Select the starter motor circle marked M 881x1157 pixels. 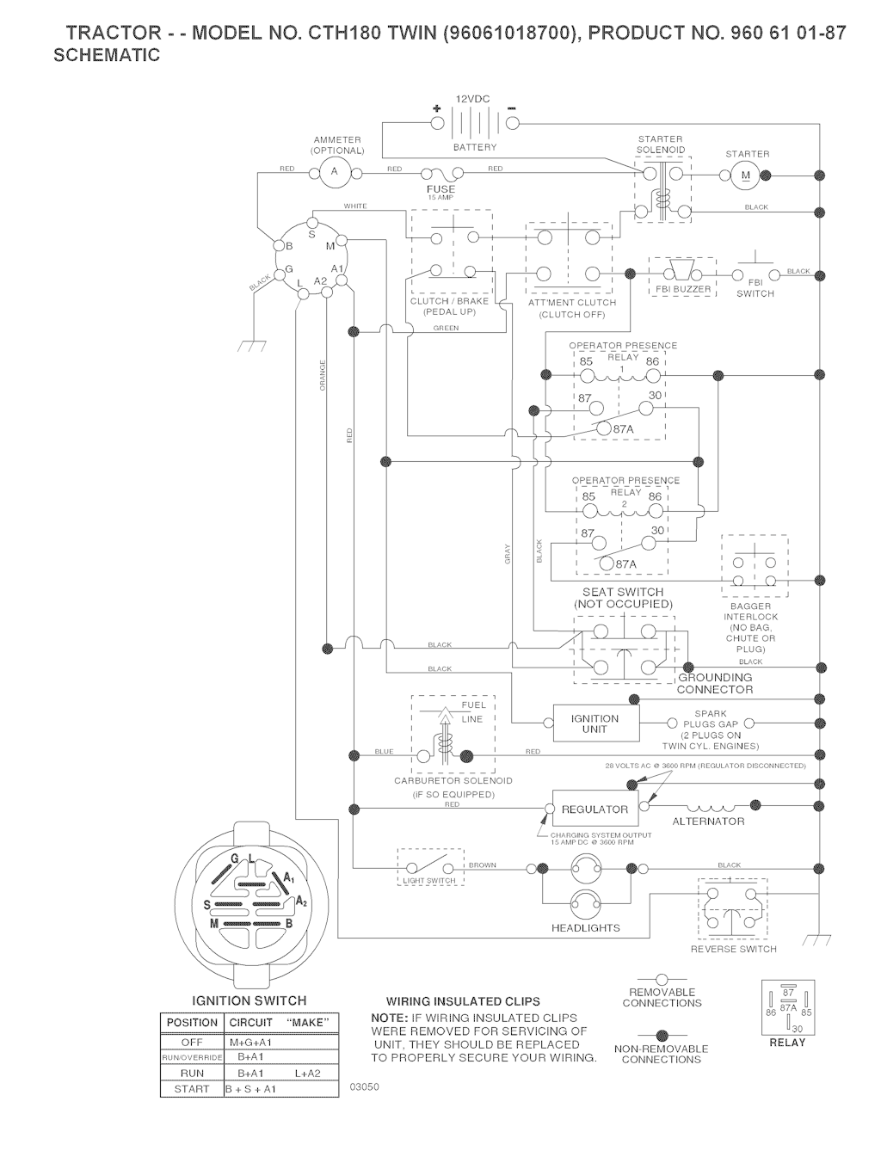click(745, 175)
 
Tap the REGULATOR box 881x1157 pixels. click(595, 809)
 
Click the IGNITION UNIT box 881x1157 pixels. click(595, 723)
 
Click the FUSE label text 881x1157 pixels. click(440, 188)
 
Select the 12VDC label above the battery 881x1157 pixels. click(472, 100)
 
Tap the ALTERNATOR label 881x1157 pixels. click(708, 822)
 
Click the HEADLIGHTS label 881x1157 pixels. click(585, 928)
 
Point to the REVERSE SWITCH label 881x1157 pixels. click(733, 949)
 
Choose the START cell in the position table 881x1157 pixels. click(191, 1088)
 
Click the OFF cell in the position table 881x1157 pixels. click(191, 1042)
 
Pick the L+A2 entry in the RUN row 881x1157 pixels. click(306, 1073)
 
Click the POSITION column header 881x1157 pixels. click(192, 1023)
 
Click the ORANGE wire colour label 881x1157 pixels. click(323, 375)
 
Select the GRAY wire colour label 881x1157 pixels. click(508, 555)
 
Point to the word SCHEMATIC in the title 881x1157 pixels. click(107, 56)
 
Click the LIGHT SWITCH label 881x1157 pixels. click(429, 881)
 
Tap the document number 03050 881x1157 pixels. click(365, 1086)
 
